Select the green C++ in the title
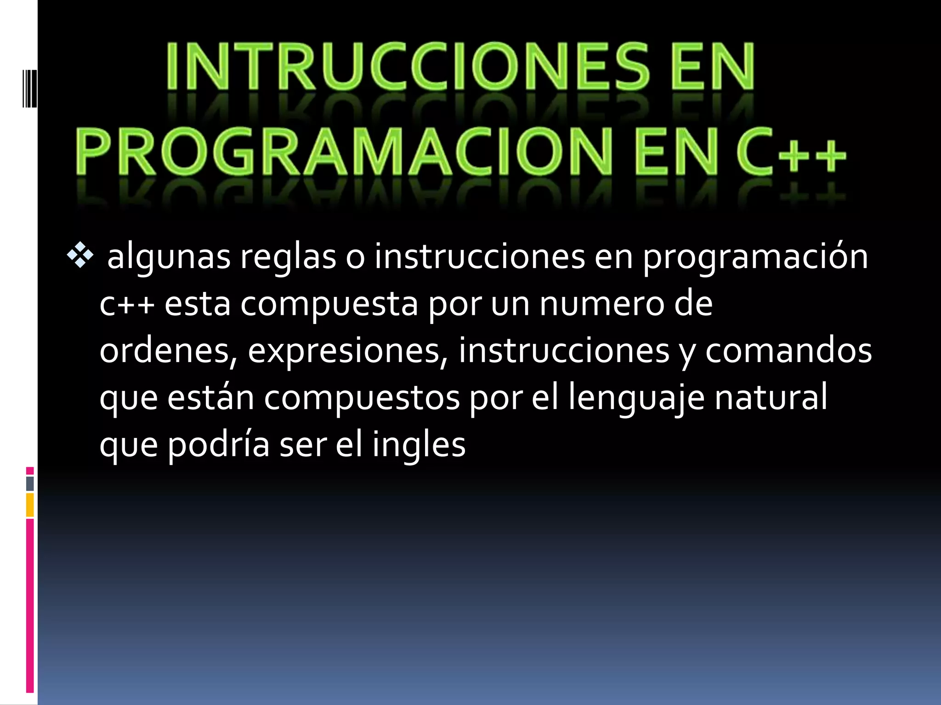[x=790, y=151]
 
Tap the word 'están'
[x=210, y=397]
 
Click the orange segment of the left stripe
[x=30, y=505]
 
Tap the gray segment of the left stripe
[x=30, y=483]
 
